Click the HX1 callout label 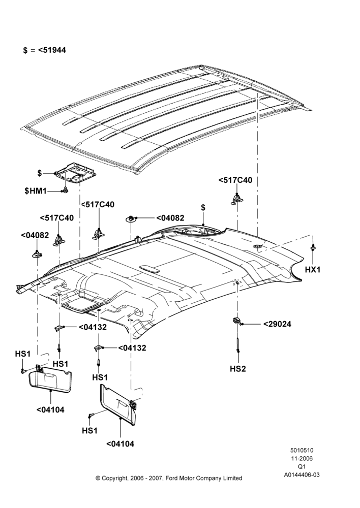coord(313,269)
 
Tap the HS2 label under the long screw coord(238,368)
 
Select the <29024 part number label coord(277,324)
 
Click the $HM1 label coord(36,191)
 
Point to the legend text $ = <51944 coord(44,50)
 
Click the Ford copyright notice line coord(169,478)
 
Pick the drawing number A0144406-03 coord(302,475)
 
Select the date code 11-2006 coord(302,458)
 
